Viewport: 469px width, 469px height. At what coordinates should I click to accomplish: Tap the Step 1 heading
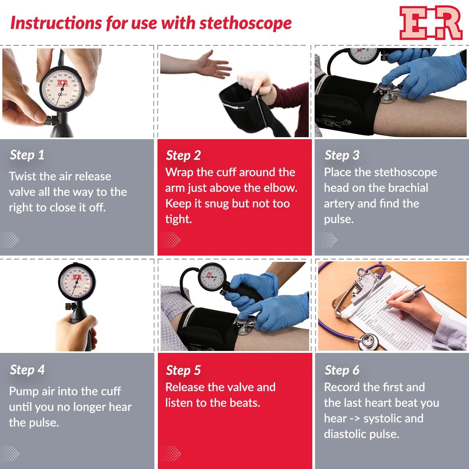pos(27,155)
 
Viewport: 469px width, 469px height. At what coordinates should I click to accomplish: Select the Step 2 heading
pos(183,155)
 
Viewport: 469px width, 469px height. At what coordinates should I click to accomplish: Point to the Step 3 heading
pos(342,155)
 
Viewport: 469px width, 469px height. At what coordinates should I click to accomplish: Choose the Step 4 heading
pos(27,370)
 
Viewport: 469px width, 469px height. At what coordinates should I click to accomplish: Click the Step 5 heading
pos(183,370)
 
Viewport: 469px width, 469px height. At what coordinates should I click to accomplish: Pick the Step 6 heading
pos(342,370)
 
